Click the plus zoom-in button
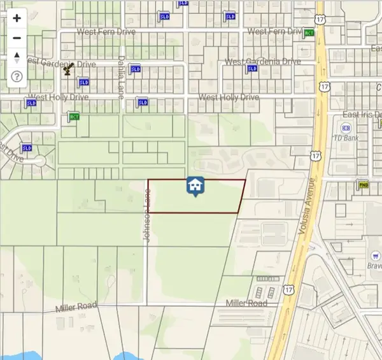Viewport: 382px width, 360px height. click(x=17, y=18)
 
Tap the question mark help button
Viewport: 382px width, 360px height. click(x=17, y=76)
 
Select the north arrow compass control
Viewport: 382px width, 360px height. click(x=17, y=57)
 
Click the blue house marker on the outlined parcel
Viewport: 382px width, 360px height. click(x=195, y=186)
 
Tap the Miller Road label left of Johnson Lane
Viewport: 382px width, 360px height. click(x=76, y=308)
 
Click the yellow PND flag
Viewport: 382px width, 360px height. click(x=364, y=185)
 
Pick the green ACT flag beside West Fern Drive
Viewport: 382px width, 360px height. click(x=309, y=32)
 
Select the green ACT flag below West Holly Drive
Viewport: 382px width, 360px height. click(x=74, y=117)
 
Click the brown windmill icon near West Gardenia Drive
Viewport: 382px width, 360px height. click(x=67, y=69)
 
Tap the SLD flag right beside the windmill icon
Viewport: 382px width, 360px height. click(x=83, y=82)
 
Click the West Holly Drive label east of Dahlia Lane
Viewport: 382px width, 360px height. click(x=229, y=97)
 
